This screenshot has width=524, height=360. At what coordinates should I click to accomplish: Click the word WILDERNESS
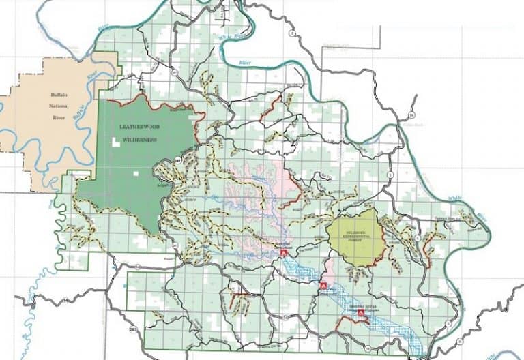(x=139, y=139)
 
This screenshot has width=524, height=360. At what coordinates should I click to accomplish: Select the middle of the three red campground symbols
(x=323, y=286)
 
